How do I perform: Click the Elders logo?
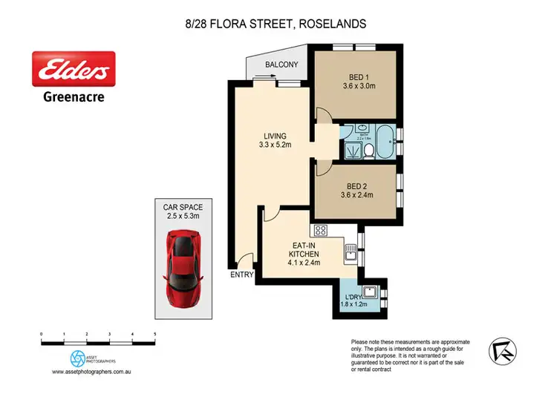pos(73,70)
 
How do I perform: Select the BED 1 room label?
pos(357,76)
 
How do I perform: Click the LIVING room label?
pos(275,136)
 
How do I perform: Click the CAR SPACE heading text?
pos(183,208)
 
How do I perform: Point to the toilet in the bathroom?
pos(368,151)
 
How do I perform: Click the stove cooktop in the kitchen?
pos(322,231)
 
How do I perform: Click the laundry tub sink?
pos(370,290)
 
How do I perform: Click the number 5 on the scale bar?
pos(154,335)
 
